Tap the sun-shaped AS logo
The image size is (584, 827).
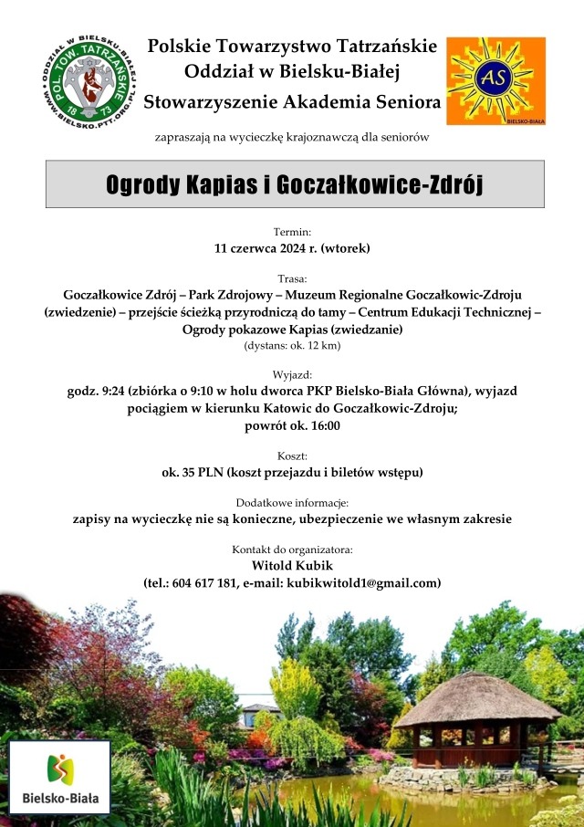[495, 81]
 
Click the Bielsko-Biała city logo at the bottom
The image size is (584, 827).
[59, 778]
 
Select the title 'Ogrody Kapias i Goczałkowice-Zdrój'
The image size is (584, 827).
[294, 184]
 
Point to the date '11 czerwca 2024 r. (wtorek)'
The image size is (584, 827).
[292, 247]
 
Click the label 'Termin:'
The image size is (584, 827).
[292, 232]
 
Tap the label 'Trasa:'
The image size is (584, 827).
[292, 278]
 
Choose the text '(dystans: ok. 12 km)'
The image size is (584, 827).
[292, 346]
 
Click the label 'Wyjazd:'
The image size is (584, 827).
[292, 375]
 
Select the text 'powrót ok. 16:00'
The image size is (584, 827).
[292, 425]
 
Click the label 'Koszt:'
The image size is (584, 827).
[292, 455]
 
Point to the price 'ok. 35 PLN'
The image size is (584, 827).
[193, 473]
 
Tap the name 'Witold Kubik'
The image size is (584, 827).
[292, 566]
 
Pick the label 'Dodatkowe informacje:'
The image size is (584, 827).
[292, 503]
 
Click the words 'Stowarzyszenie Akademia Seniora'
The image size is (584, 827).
[292, 100]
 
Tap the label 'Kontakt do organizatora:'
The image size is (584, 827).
[292, 550]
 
